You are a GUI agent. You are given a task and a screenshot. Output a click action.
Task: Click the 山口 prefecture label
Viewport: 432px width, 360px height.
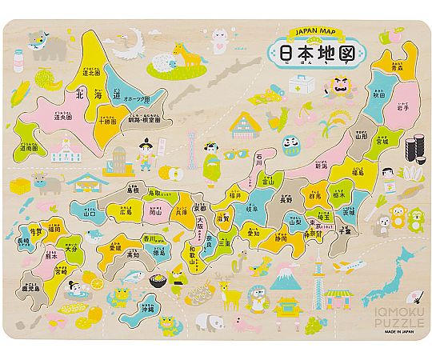(x=89, y=214)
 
